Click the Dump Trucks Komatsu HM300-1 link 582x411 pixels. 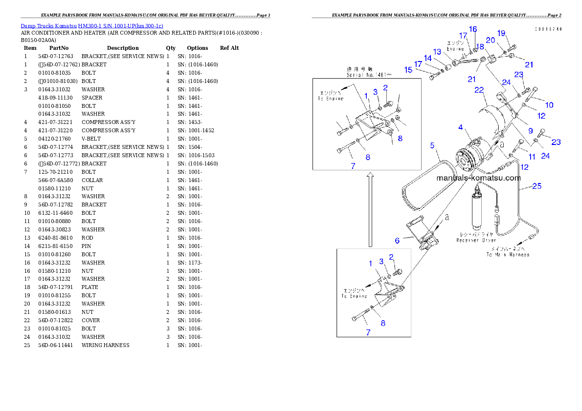92,25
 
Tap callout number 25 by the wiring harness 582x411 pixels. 537,186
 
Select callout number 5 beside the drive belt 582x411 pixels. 432,145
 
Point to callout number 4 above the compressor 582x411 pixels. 460,127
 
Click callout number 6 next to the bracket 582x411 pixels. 397,240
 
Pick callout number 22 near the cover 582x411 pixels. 479,90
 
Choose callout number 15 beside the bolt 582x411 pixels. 408,70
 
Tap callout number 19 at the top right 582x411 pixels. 501,33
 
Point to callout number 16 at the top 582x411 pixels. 473,29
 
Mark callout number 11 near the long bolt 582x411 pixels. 532,157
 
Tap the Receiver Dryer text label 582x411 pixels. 476,237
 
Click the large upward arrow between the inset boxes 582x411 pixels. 370,210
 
